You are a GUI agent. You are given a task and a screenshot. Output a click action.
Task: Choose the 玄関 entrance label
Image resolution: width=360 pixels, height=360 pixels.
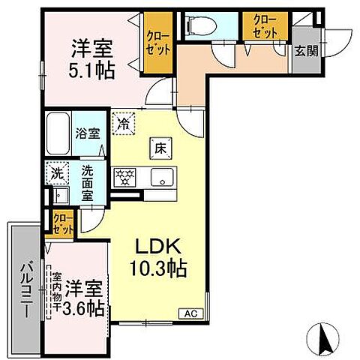tap(304, 51)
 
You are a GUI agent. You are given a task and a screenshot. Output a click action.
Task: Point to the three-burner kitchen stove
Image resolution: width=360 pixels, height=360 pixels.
tap(125, 176)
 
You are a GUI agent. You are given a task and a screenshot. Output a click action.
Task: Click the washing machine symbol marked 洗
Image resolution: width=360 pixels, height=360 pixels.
tap(56, 174)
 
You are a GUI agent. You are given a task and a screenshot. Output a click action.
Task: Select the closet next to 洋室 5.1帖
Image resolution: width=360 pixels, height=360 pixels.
tap(159, 43)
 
